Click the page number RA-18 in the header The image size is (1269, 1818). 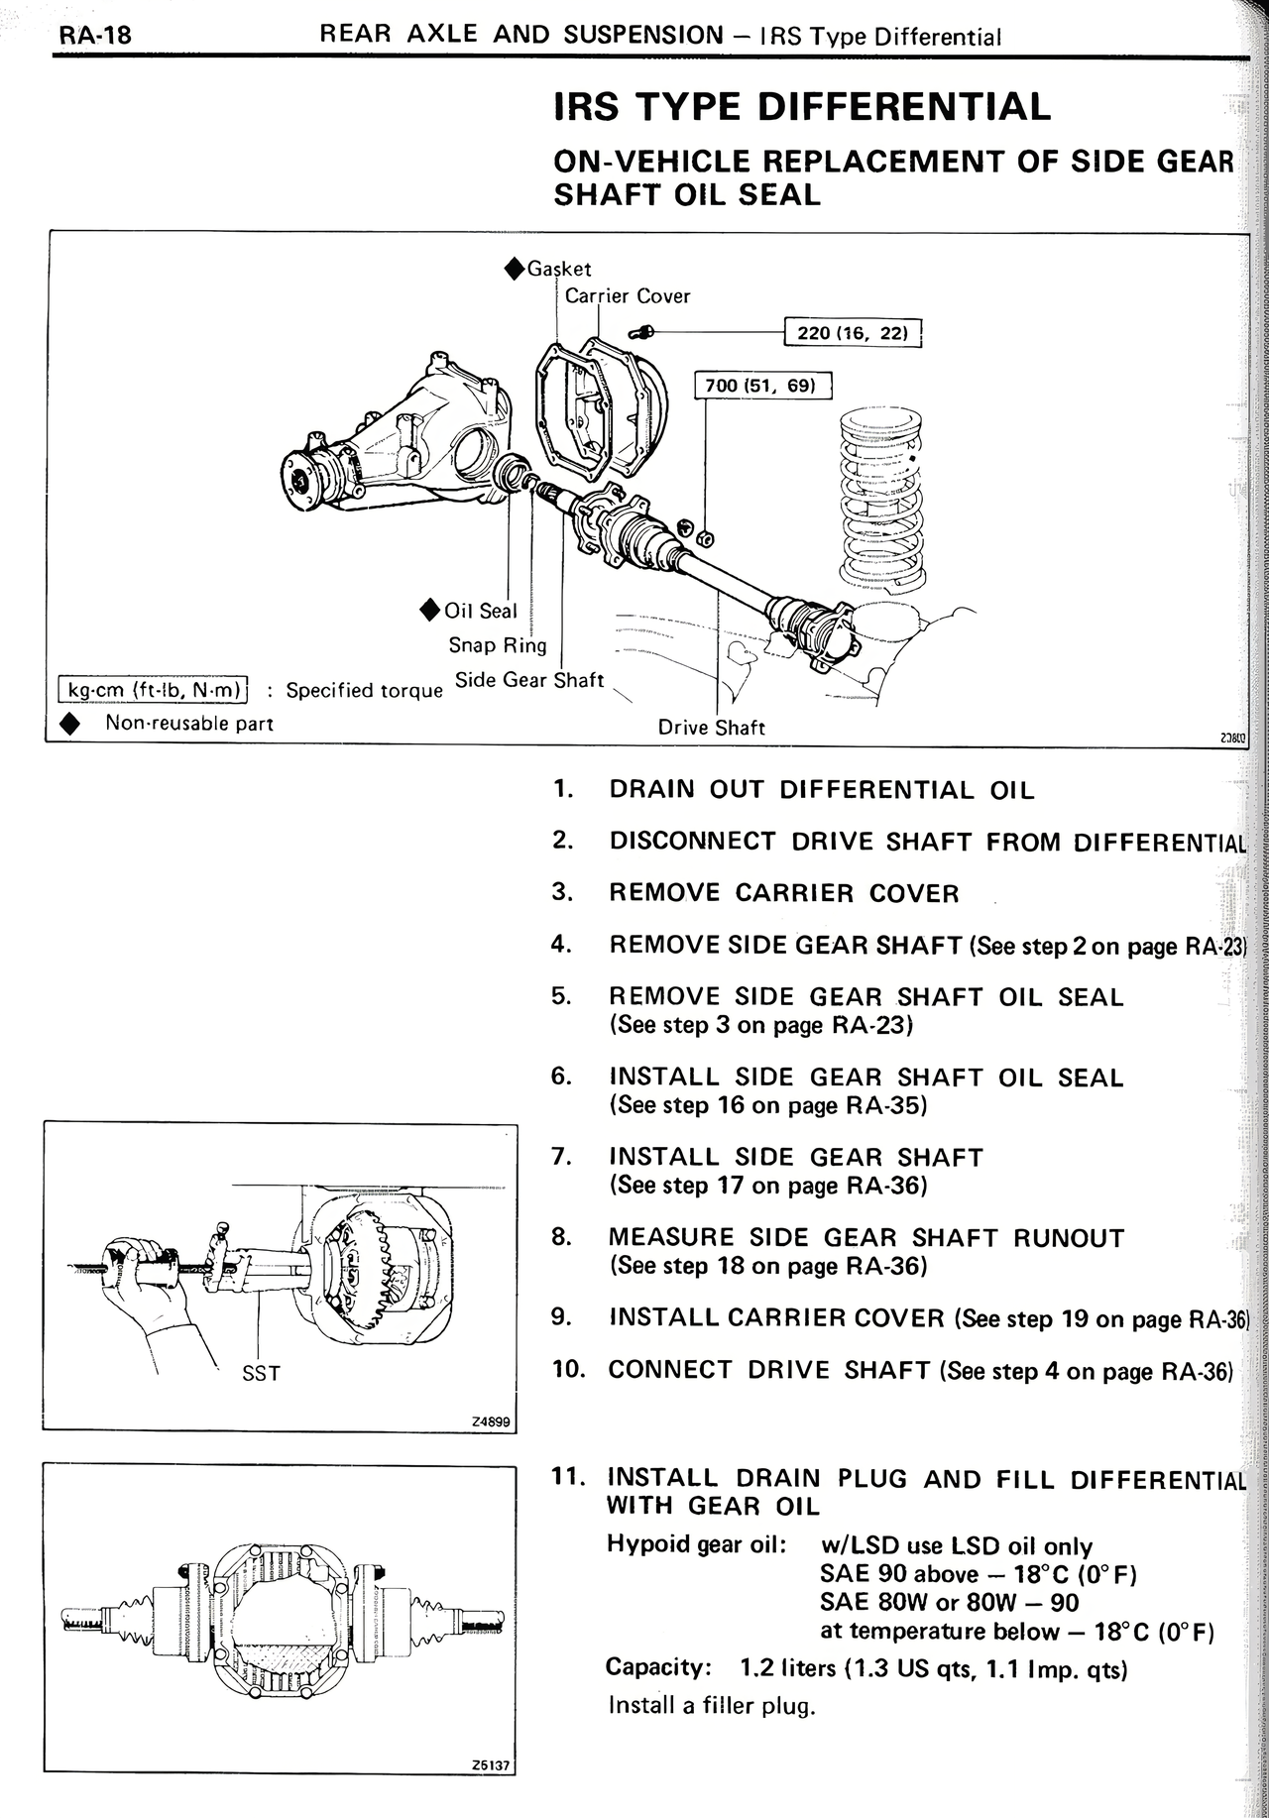(x=95, y=37)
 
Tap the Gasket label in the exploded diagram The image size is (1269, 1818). (x=559, y=269)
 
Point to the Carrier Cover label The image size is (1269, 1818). (x=628, y=296)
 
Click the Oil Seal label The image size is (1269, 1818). (x=481, y=612)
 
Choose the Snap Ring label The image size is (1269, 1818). (x=498, y=646)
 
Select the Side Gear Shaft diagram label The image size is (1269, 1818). (x=529, y=681)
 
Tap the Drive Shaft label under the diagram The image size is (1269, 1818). (x=712, y=728)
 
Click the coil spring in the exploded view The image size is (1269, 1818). (x=880, y=496)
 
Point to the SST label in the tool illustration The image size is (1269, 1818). (x=261, y=1374)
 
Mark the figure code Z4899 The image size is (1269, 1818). (x=491, y=1422)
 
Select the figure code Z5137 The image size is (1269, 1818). (x=491, y=1765)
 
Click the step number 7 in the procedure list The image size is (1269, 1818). (x=562, y=1157)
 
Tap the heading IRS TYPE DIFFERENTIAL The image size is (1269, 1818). (x=802, y=107)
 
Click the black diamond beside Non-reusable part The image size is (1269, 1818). (x=69, y=724)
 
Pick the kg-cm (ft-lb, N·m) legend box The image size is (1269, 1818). (x=154, y=689)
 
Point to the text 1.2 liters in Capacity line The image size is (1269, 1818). (x=788, y=1669)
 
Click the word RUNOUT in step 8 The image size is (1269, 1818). (x=1069, y=1238)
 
